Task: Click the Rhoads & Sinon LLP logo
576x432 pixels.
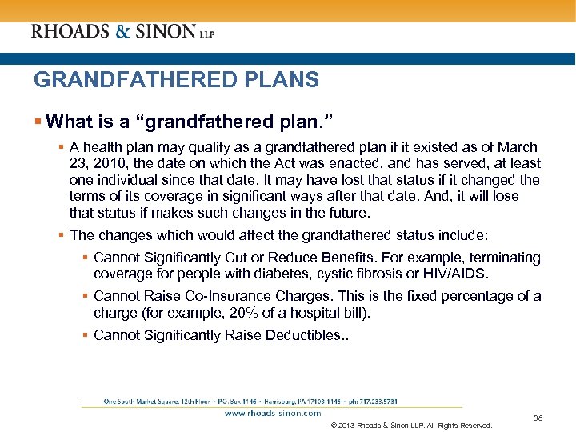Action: tap(122, 32)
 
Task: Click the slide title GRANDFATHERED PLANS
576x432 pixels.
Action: tap(176, 80)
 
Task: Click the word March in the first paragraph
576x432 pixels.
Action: tap(518, 148)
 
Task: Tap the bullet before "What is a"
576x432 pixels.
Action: tap(38, 122)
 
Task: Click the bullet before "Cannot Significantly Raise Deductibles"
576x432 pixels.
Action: tap(86, 335)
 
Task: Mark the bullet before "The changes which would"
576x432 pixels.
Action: tap(62, 235)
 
